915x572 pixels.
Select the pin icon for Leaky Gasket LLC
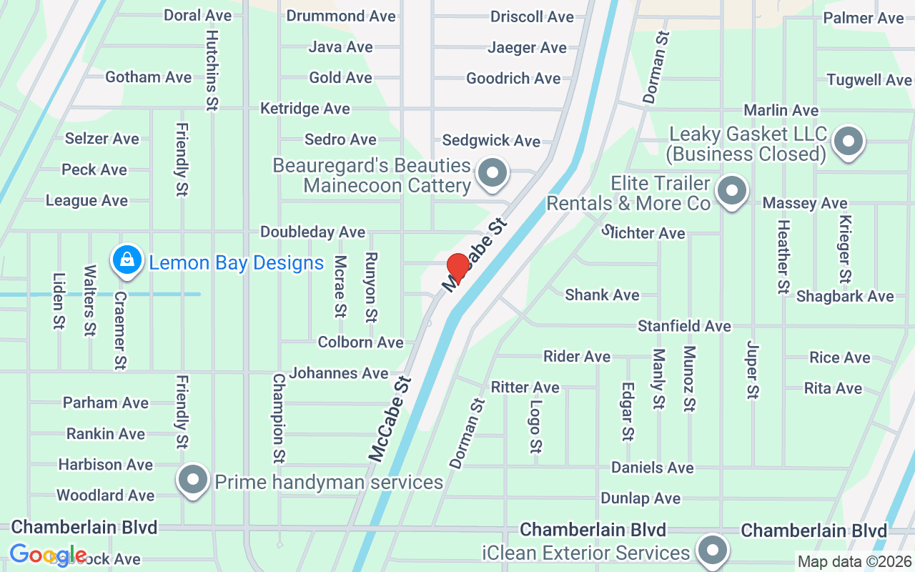[x=849, y=142]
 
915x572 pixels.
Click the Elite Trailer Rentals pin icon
[x=731, y=192]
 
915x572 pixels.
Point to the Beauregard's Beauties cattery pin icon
[x=492, y=173]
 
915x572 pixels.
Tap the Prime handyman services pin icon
[x=193, y=480]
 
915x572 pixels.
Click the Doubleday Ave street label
[x=312, y=232]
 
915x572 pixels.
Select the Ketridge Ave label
[x=305, y=109]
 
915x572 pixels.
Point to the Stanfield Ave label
[x=684, y=326]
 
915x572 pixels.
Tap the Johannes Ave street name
[x=338, y=373]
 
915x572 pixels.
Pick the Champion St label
[x=279, y=418]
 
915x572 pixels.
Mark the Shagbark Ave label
[x=844, y=296]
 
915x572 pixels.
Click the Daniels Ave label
[x=652, y=468]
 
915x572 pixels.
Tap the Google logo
[x=48, y=555]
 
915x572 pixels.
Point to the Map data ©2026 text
[x=854, y=562]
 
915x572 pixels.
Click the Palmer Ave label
[x=864, y=18]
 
